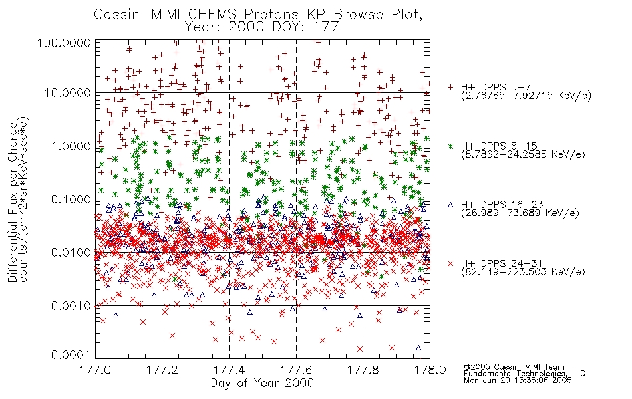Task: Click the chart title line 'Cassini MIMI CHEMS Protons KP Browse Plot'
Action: tap(258, 15)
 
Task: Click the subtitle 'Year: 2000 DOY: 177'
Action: tap(261, 27)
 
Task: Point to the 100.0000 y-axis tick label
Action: tap(64, 43)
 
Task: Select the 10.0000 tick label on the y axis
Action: tap(68, 93)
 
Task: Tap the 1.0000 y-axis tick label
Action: tap(71, 146)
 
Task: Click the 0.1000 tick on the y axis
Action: tap(71, 199)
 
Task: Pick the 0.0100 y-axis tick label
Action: tap(71, 252)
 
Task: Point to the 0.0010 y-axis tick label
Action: tap(71, 305)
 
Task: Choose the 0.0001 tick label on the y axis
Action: tap(71, 354)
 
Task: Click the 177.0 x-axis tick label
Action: tap(95, 370)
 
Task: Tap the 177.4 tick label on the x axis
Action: tap(229, 370)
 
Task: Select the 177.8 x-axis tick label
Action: tap(363, 370)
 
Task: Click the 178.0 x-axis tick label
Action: tap(430, 370)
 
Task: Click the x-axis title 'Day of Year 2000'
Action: tap(262, 382)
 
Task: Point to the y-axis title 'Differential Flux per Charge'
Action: tap(13, 203)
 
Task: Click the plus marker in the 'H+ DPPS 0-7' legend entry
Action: tap(450, 87)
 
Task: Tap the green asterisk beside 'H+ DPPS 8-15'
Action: tap(450, 146)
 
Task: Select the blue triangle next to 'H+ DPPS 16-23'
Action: tap(450, 205)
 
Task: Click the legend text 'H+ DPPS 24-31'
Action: tap(502, 263)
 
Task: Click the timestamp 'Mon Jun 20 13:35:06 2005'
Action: tap(518, 380)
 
